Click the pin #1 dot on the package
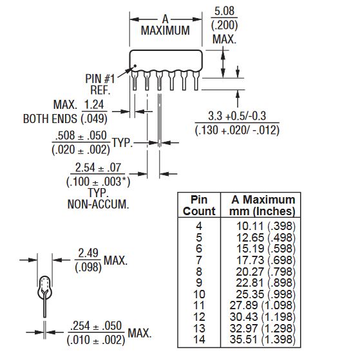[x=135, y=66]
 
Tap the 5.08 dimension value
[x=224, y=11]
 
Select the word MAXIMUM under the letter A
[x=166, y=30]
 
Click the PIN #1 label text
[x=100, y=79]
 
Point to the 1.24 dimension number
[x=94, y=104]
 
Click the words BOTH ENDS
[x=50, y=119]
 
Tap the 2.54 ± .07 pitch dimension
[x=98, y=168]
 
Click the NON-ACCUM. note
[x=98, y=204]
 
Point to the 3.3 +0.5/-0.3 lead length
[x=237, y=116]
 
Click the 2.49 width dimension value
[x=88, y=253]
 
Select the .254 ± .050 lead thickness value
[x=96, y=326]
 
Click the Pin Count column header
[x=199, y=206]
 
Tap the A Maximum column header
[x=263, y=206]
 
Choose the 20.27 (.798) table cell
[x=265, y=271]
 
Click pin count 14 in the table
[x=199, y=340]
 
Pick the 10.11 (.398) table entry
[x=265, y=226]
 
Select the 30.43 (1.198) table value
[x=263, y=316]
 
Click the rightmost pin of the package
[x=196, y=81]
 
